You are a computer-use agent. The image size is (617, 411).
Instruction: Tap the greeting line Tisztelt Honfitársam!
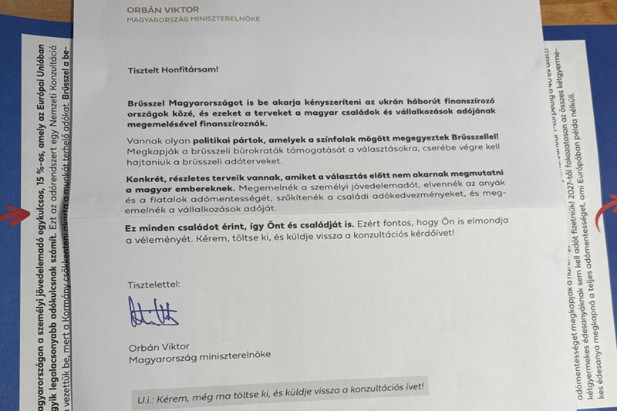(x=173, y=69)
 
